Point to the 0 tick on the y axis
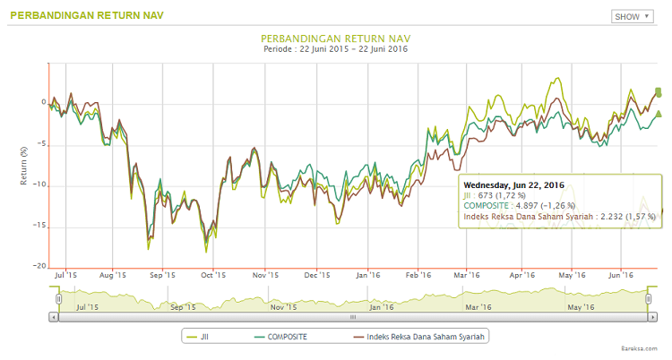point(41,102)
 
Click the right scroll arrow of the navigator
point(652,317)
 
